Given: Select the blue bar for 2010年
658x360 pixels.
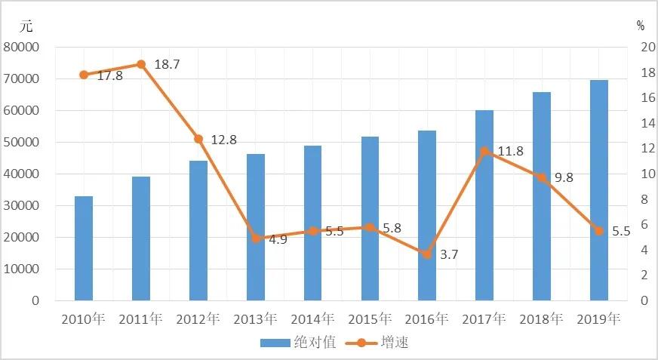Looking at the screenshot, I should coord(84,248).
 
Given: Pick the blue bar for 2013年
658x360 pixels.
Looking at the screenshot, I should coord(256,227).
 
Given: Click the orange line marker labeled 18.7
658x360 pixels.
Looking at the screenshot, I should coord(141,64).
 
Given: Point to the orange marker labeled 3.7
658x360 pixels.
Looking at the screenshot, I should coord(427,254).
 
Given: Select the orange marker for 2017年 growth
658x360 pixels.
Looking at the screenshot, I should coord(484,151).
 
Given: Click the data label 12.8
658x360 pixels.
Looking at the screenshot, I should coord(223,140).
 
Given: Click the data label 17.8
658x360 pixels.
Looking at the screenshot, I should coord(109,75).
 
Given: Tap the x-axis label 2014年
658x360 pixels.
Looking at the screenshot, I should coord(312,318).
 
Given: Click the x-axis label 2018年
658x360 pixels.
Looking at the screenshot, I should coord(542,318).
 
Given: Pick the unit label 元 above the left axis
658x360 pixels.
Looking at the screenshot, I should coord(26,26).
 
